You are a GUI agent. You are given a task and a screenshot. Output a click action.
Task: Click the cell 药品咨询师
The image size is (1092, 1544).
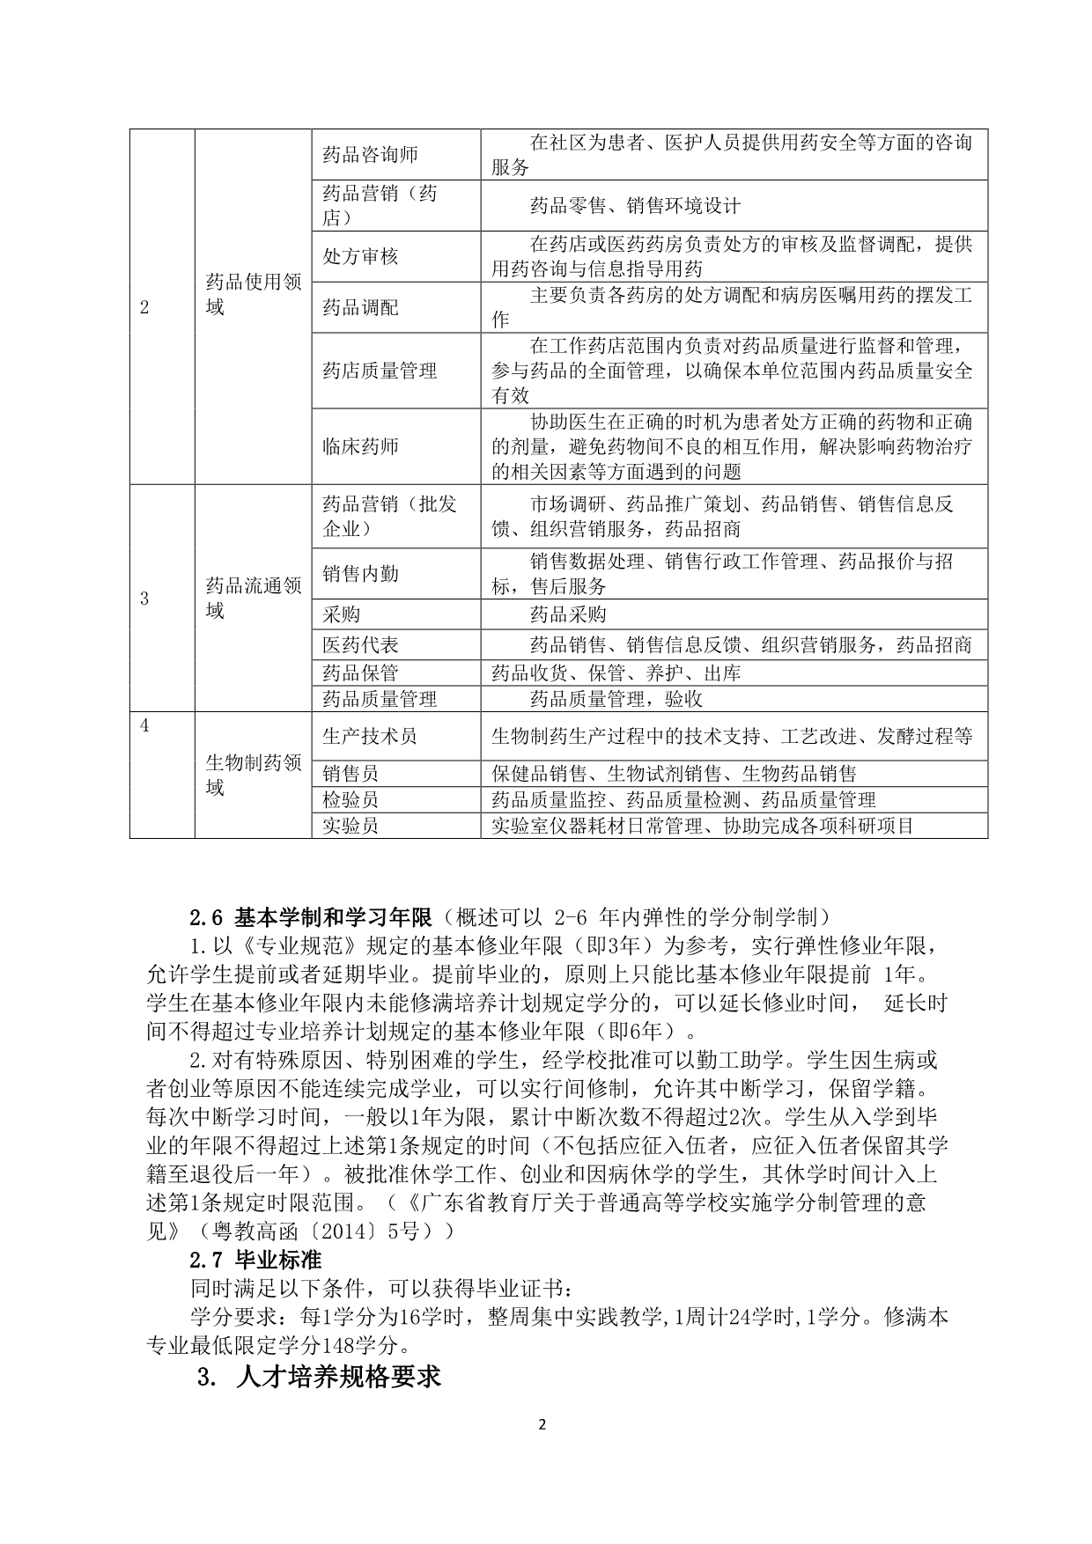[x=370, y=155]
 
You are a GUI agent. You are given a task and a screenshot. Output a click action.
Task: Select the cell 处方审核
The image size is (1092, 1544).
[x=360, y=256]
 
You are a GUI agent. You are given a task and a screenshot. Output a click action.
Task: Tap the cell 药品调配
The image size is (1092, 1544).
[x=360, y=307]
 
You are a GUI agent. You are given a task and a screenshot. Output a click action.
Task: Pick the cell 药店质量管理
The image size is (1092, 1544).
[x=380, y=371]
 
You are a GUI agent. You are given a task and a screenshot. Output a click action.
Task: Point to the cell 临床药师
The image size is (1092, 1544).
[x=360, y=446]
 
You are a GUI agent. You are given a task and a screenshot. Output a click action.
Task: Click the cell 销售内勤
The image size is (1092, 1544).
[x=360, y=574]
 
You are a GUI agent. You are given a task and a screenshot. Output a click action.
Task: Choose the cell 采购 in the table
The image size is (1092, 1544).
[x=341, y=614]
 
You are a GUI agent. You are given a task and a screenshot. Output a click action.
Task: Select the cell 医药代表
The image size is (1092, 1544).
[x=360, y=645]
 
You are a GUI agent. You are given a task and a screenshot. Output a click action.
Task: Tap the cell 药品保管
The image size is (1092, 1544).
[x=360, y=673]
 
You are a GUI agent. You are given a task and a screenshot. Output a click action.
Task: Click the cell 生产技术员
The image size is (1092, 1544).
[x=370, y=736]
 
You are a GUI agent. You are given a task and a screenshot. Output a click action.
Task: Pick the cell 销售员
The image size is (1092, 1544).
[x=350, y=774]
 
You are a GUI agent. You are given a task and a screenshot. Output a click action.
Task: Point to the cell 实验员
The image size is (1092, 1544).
[x=350, y=826]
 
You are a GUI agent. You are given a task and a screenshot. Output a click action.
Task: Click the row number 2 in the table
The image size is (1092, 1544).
[x=145, y=307]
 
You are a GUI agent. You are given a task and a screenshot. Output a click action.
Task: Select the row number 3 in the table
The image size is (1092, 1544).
[x=145, y=599]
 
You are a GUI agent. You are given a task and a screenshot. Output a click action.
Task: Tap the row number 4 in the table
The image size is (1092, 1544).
[x=145, y=725]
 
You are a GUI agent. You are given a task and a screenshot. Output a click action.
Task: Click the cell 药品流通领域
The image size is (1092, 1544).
[x=253, y=599]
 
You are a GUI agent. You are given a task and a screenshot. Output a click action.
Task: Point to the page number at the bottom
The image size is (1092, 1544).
[x=542, y=1424]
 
